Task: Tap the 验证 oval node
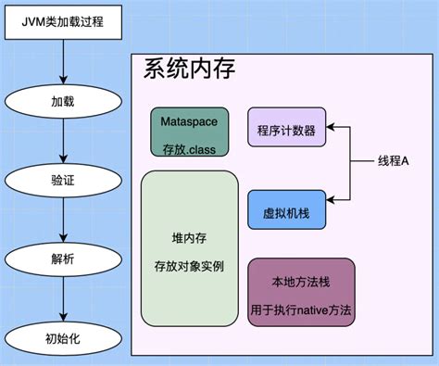(62, 179)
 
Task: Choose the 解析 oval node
(62, 259)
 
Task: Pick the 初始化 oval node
(62, 338)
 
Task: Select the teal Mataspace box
(189, 132)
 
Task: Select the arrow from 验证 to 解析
(62, 220)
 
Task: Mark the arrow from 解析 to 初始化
(62, 299)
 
